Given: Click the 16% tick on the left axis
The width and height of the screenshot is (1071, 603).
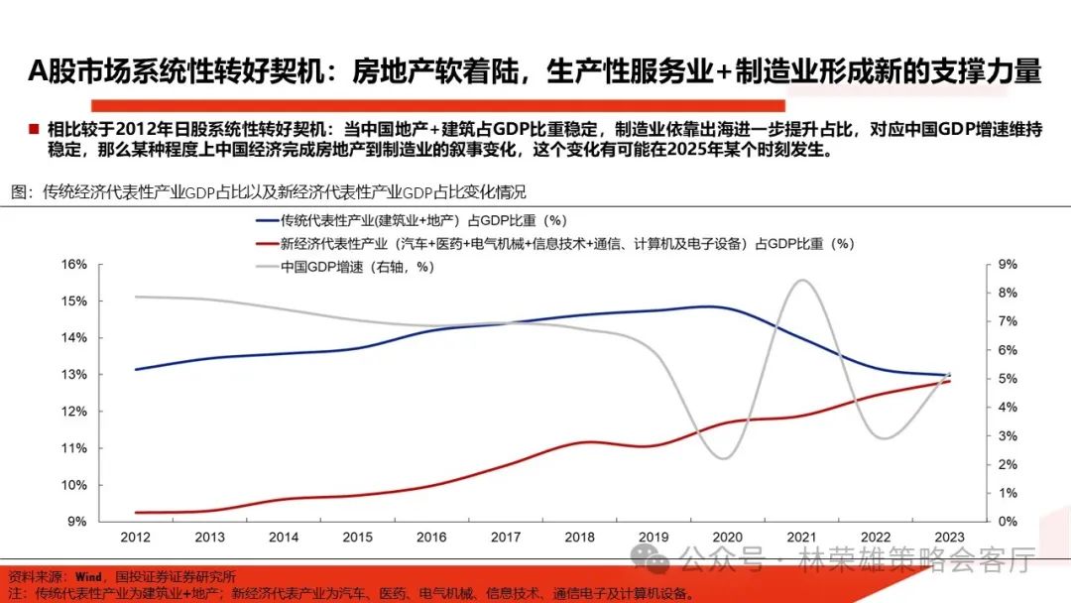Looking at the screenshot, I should tap(75, 264).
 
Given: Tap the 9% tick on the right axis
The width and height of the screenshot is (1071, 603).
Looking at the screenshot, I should tap(1006, 264).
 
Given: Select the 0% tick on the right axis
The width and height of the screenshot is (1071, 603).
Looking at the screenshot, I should tap(1006, 522).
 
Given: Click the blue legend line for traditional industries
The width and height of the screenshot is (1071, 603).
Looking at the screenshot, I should tap(267, 220).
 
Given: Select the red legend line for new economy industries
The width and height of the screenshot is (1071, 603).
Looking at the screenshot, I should tap(267, 243).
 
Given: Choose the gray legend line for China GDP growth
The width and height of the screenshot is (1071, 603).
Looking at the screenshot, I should tap(267, 266).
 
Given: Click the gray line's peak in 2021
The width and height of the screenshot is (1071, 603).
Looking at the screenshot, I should tap(801, 281).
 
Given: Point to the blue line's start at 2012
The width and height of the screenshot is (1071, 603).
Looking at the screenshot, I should tap(136, 369).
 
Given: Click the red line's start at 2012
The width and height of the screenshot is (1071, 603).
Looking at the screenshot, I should tap(136, 513).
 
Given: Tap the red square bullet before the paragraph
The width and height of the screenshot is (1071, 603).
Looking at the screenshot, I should tap(33, 129).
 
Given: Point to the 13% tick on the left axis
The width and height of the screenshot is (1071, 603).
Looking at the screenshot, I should tap(75, 375).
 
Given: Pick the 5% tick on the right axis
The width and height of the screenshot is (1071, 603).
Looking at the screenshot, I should tap(1006, 379).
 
